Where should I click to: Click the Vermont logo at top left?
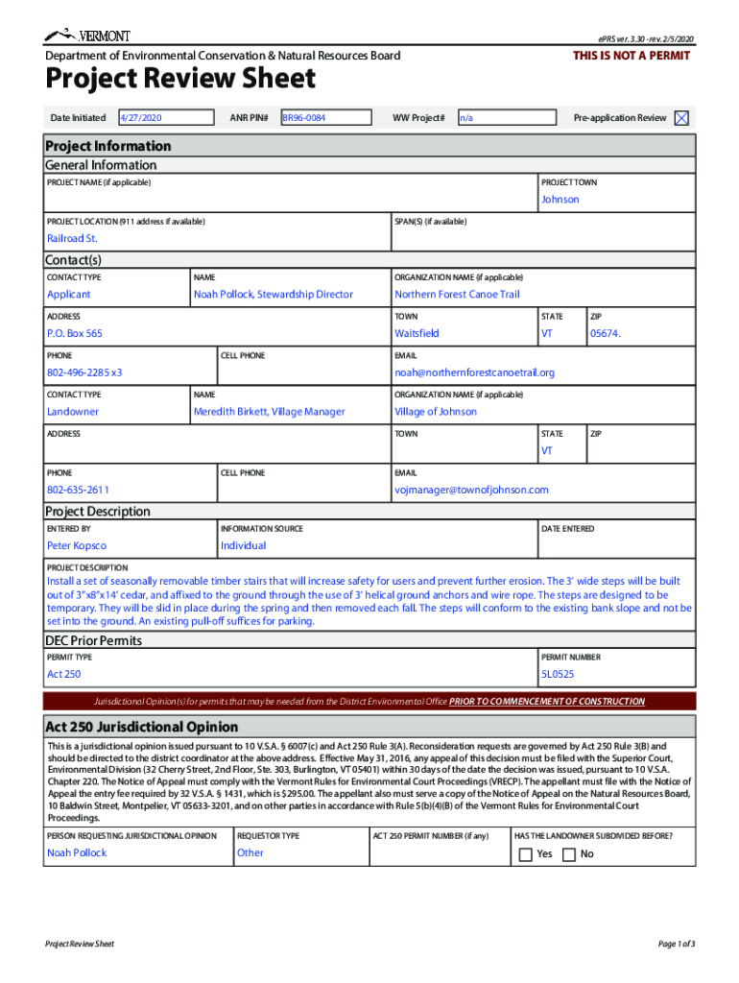(x=87, y=36)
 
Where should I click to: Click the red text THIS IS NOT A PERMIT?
(x=632, y=56)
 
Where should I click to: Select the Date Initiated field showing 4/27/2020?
(x=165, y=118)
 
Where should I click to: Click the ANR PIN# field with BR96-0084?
(x=324, y=118)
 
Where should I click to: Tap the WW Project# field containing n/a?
(x=506, y=118)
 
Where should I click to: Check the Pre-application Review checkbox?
(x=681, y=118)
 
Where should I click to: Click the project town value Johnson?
(x=560, y=200)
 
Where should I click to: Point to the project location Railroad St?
(x=72, y=238)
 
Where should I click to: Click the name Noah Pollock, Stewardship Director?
(x=274, y=295)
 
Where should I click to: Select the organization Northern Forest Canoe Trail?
(x=457, y=295)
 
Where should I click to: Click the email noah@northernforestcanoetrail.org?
(x=474, y=372)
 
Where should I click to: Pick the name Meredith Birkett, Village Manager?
(x=269, y=412)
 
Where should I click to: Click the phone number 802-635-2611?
(x=78, y=490)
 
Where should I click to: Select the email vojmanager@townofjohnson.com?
(x=471, y=490)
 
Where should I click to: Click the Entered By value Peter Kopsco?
(x=77, y=545)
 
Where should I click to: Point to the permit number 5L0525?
(x=557, y=674)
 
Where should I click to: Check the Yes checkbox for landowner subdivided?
(x=525, y=854)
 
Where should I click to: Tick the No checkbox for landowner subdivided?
(x=569, y=854)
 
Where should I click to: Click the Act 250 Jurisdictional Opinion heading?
(x=141, y=727)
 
